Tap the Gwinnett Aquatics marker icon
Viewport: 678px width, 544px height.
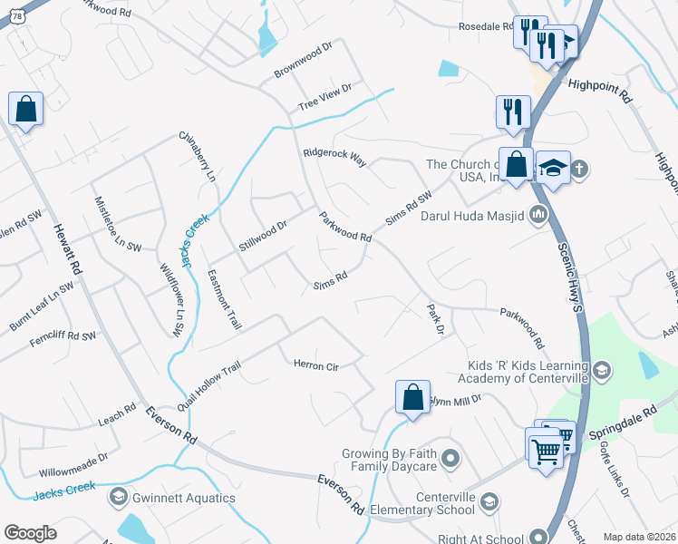coord(118,497)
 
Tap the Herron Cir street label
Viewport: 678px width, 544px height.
coord(315,365)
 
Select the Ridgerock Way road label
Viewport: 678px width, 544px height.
coord(334,157)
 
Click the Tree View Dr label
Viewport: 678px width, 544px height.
coord(324,99)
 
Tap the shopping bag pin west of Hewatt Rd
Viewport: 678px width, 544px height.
coord(26,110)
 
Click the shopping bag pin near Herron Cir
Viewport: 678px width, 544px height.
coord(412,397)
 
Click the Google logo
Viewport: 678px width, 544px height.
coord(31,533)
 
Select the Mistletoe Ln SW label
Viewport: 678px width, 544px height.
coord(118,222)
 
